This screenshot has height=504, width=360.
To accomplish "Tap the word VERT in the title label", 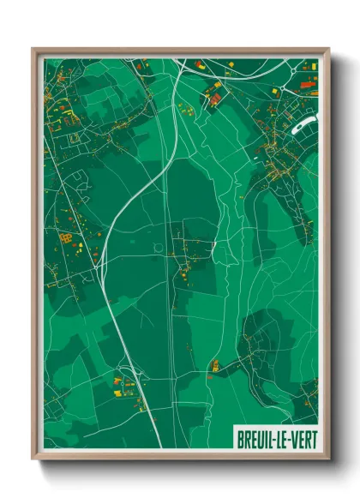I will [301, 439].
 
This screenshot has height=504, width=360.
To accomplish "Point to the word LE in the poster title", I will [280, 439].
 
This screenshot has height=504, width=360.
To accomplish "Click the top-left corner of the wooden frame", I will [33, 49].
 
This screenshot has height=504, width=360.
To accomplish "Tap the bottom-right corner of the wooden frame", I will [328, 460].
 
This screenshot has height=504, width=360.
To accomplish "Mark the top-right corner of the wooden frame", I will [328, 49].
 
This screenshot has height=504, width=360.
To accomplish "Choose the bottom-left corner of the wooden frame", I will [33, 460].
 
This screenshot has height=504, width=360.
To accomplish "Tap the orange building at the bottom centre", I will [214, 366].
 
